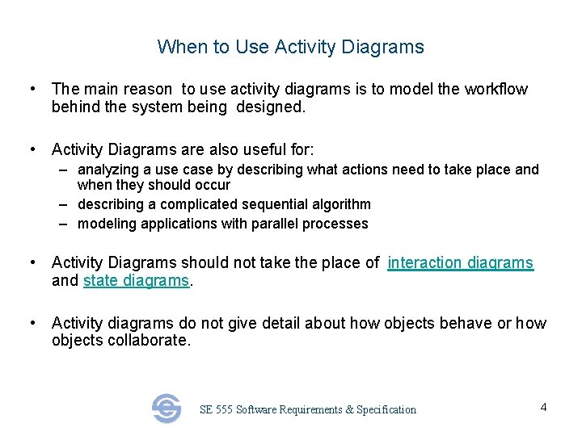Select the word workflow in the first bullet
pyautogui.click(x=496, y=89)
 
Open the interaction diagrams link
pyautogui.click(x=460, y=262)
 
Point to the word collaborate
pyautogui.click(x=150, y=341)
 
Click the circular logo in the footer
pyautogui.click(x=167, y=409)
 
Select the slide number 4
pyautogui.click(x=543, y=407)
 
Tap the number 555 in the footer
pyautogui.click(x=224, y=409)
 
